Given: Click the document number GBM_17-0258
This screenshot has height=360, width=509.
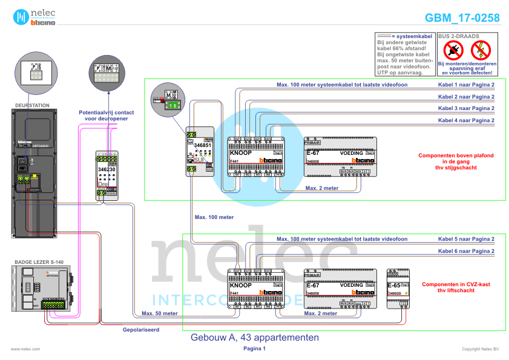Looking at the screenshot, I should [x=462, y=18].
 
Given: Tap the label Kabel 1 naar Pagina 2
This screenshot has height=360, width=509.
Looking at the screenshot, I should [x=466, y=85].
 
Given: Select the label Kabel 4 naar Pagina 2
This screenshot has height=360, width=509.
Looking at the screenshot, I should [x=466, y=120].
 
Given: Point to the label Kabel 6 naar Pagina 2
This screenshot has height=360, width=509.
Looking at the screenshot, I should [x=466, y=250].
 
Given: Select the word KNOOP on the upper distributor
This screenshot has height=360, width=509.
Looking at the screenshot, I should [x=240, y=152].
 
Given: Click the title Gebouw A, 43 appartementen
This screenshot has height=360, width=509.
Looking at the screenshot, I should [x=254, y=337].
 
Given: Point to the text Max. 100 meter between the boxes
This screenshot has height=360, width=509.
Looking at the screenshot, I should [x=214, y=217].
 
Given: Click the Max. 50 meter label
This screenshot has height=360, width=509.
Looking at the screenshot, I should [x=159, y=313].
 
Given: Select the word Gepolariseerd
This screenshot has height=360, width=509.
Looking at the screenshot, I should [x=140, y=330].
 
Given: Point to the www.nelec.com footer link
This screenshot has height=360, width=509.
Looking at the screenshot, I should [x=25, y=349].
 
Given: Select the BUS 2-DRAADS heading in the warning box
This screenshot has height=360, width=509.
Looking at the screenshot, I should [x=459, y=36].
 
